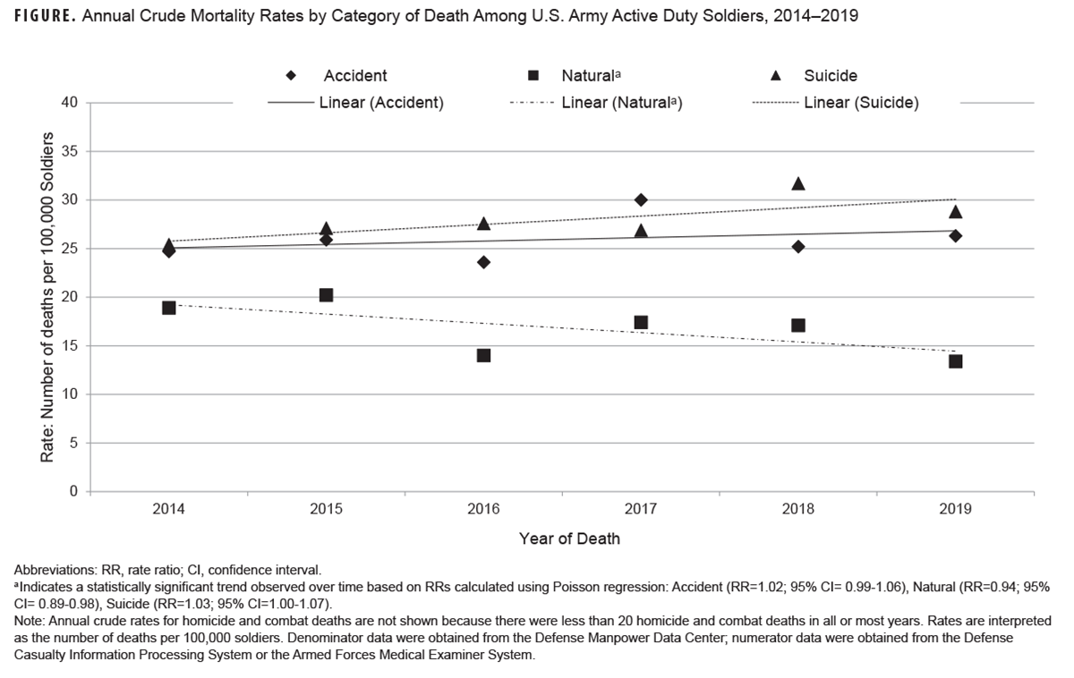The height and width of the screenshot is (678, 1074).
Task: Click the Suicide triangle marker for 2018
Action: click(798, 183)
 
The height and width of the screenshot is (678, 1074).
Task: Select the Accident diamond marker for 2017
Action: click(641, 199)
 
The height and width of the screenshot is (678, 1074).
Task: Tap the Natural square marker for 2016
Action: click(483, 355)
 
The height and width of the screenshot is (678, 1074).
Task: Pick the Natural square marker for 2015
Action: click(326, 295)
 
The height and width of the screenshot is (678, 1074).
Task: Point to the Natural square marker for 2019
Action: click(956, 361)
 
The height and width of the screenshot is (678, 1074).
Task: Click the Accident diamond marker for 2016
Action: click(483, 262)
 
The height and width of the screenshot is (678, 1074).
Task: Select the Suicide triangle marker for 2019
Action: click(956, 212)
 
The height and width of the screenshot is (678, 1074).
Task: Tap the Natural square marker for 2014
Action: click(168, 308)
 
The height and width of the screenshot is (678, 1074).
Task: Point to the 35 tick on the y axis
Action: click(69, 151)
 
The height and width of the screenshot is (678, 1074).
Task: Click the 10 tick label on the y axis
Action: click(69, 394)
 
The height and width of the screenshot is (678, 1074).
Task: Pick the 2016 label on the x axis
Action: click(483, 508)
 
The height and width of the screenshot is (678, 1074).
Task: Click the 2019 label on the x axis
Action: click(956, 508)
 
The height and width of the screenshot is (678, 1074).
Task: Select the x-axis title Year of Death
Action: click(569, 538)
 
